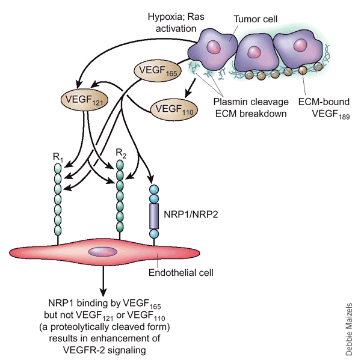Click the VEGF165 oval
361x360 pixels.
(x=158, y=70)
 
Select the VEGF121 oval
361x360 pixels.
(x=84, y=100)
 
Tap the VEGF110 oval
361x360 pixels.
(x=174, y=109)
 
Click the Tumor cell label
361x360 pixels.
(x=255, y=19)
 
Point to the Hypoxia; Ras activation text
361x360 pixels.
(x=176, y=23)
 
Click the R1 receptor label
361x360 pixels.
(x=58, y=157)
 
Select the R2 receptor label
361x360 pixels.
(x=121, y=153)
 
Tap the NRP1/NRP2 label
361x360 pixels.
(x=191, y=215)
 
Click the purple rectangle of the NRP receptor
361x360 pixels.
(x=154, y=216)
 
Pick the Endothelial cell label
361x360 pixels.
(x=181, y=273)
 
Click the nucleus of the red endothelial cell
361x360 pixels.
(x=103, y=252)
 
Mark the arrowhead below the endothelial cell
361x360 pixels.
(x=103, y=292)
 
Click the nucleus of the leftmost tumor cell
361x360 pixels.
(x=214, y=47)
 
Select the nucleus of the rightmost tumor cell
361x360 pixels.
(x=300, y=44)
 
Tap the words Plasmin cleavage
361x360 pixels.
(x=251, y=102)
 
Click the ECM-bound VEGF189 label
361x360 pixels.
(x=324, y=108)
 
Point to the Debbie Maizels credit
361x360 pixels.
(x=349, y=329)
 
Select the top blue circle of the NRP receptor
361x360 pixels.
(x=154, y=189)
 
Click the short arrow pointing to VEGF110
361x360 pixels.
(x=190, y=88)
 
